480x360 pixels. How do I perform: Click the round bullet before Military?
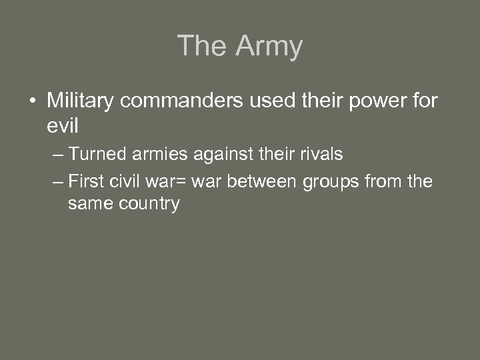(32, 102)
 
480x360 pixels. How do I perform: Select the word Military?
(82, 101)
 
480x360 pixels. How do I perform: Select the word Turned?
(95, 155)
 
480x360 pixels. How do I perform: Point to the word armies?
(157, 155)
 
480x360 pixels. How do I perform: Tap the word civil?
(126, 181)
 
